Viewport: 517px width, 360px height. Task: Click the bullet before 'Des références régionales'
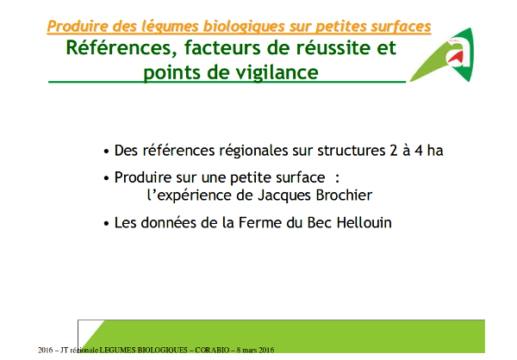(x=106, y=151)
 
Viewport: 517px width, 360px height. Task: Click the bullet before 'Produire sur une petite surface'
(x=106, y=178)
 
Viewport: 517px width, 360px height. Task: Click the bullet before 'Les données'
(x=106, y=223)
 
